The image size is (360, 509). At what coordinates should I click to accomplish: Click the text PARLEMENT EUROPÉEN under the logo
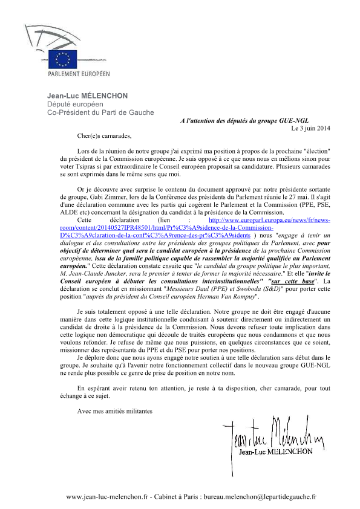coord(79,74)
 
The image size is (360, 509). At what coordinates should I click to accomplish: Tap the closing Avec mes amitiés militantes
coord(115,412)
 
